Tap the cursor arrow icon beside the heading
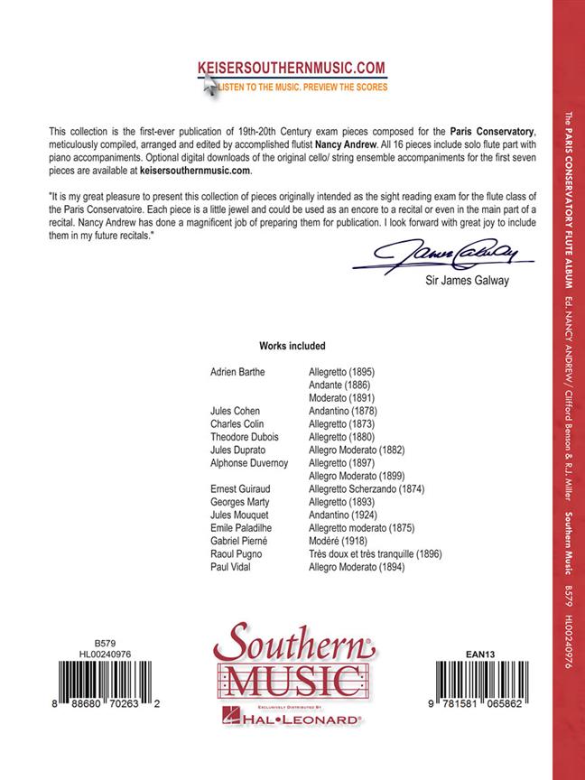click(209, 84)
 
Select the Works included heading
click(292, 346)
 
